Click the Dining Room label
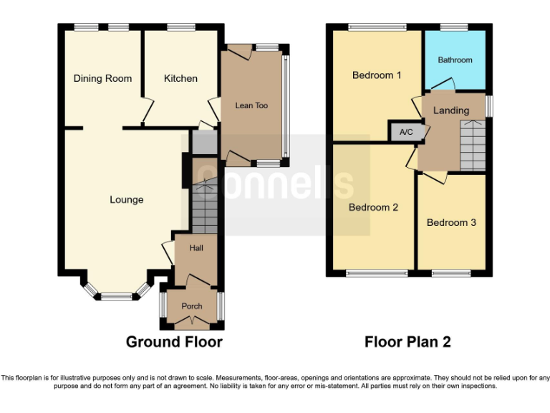click(x=102, y=78)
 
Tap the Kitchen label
click(x=180, y=78)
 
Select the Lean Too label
click(x=251, y=105)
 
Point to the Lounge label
click(x=126, y=199)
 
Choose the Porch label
click(x=192, y=306)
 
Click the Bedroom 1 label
click(x=377, y=75)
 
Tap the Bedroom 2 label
click(x=373, y=207)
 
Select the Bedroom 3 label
click(x=451, y=222)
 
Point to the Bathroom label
click(x=455, y=60)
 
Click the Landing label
click(x=451, y=110)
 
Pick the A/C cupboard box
click(x=406, y=132)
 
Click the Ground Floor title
click(x=174, y=342)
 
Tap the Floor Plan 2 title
click(x=407, y=342)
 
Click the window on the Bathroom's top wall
click(x=454, y=28)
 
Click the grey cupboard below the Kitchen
click(x=204, y=143)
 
